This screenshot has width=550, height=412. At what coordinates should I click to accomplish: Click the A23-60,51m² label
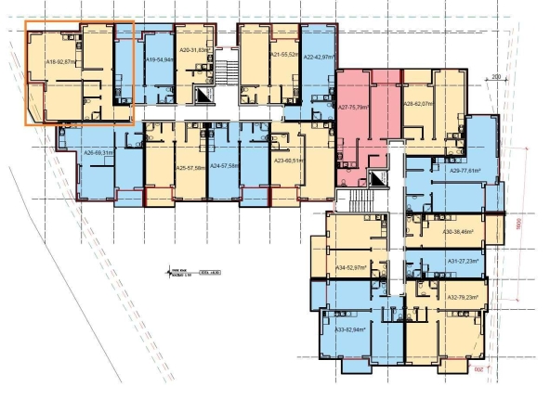click(293, 161)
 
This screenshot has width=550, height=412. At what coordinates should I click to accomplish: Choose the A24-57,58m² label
click(227, 167)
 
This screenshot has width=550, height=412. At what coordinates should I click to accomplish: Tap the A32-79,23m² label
click(461, 297)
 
